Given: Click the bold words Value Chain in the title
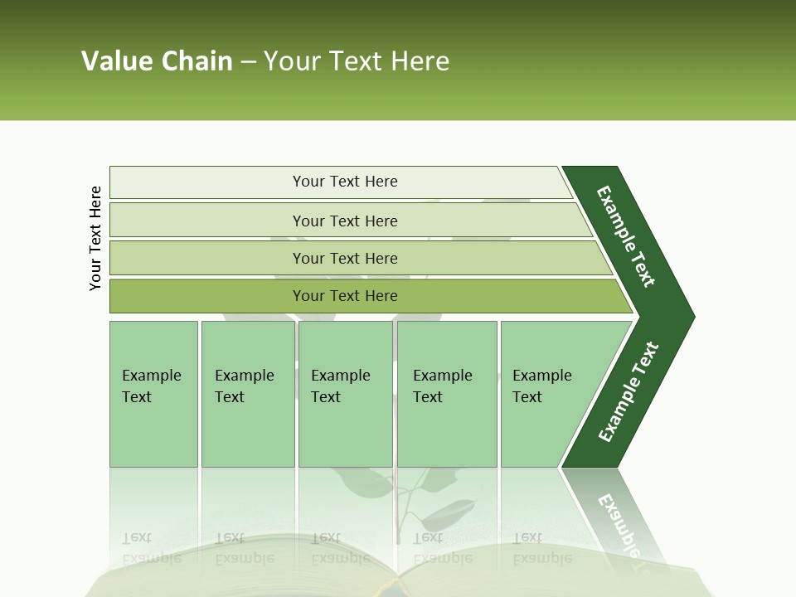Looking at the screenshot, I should coord(157,61).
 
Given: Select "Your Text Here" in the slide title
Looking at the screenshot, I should coord(357,61).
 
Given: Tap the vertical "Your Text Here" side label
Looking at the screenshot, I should coord(95,238).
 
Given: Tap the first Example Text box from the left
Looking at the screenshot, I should coord(153,394).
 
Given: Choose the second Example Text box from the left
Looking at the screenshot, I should coord(247,394).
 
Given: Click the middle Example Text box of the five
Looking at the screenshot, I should coord(345,394).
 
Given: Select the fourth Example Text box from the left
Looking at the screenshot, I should coord(447,394).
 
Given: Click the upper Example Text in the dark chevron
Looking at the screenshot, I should coord(626,236).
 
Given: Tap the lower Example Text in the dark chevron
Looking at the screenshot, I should coord(629,392).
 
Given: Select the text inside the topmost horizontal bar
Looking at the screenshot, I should coord(345,182).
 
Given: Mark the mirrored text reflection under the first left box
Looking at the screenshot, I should coord(152,548).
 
